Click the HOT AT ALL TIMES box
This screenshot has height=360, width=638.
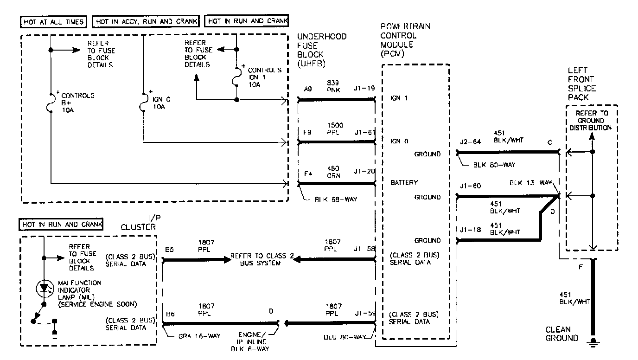click(53, 21)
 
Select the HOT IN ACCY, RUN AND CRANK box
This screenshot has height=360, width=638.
click(147, 21)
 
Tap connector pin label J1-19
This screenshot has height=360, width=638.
click(364, 88)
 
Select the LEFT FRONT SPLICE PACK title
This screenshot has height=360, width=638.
click(581, 84)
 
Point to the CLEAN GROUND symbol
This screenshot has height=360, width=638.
click(592, 342)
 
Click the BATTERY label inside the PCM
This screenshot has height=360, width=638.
click(404, 183)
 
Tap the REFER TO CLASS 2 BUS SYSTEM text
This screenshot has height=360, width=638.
click(262, 260)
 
